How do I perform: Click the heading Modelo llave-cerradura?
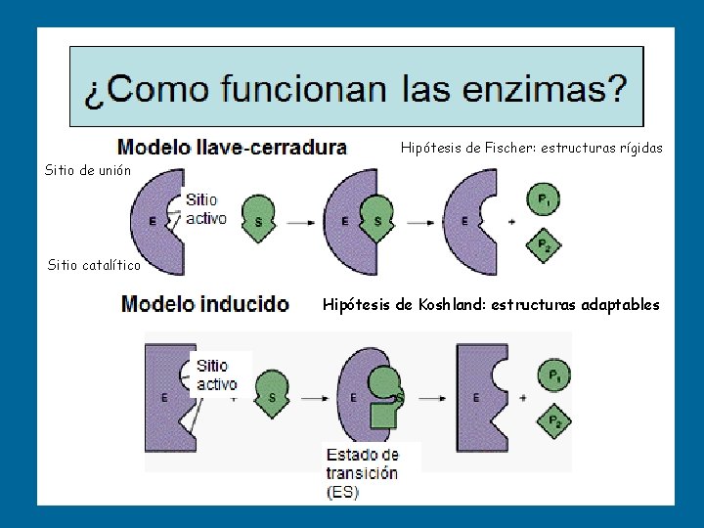[232, 148]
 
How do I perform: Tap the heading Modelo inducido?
[205, 304]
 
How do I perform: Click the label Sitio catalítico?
[94, 265]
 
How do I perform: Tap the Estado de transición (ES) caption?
[362, 473]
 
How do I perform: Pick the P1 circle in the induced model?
[554, 374]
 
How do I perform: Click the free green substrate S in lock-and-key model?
[259, 221]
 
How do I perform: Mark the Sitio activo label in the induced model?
[215, 374]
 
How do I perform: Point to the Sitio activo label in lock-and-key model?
[205, 207]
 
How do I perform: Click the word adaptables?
[621, 305]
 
